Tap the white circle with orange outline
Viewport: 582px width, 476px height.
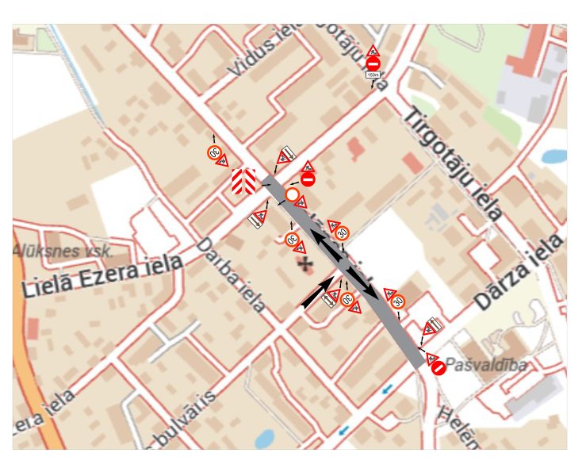click(x=292, y=194)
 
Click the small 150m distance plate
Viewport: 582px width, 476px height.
click(x=373, y=75)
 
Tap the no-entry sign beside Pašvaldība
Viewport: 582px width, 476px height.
click(x=437, y=367)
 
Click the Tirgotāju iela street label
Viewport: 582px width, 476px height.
click(x=453, y=163)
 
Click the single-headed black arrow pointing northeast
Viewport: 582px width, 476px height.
click(x=318, y=293)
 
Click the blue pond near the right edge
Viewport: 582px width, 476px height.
click(x=554, y=155)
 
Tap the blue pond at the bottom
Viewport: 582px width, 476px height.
click(x=265, y=438)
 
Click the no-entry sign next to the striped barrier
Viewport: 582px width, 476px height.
click(x=308, y=180)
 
